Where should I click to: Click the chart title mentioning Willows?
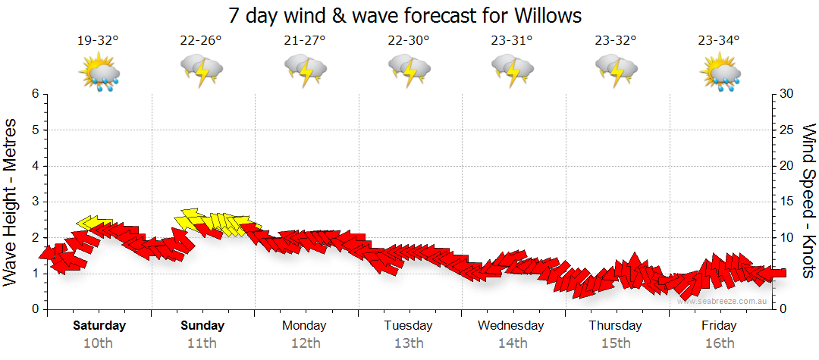point(409,15)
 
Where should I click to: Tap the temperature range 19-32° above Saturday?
point(99,41)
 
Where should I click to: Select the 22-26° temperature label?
point(201,41)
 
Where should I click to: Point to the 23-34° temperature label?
point(720,41)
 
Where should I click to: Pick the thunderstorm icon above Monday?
point(306,72)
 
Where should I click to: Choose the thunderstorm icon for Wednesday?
point(513,72)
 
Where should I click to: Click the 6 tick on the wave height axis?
point(35,94)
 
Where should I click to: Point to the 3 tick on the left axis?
point(35,202)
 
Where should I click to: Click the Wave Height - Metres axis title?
point(12,202)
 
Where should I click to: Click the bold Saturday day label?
point(99,326)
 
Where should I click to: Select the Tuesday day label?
point(408,326)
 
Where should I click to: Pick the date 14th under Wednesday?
point(512,343)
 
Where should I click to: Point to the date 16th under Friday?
point(719,343)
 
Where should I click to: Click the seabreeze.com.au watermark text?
point(724,301)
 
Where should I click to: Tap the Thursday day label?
point(615,326)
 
